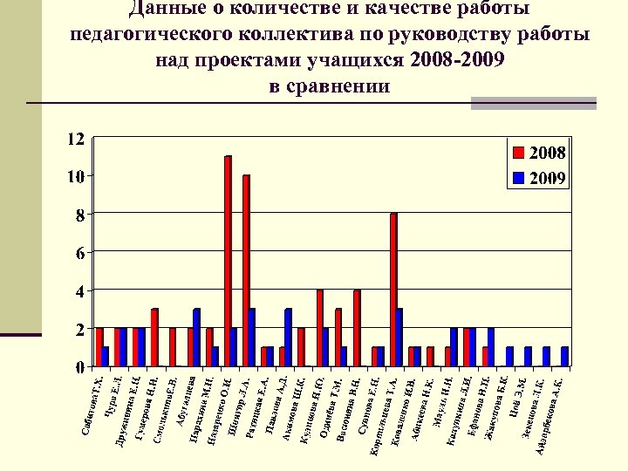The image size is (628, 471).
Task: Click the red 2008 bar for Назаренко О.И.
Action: tap(228, 261)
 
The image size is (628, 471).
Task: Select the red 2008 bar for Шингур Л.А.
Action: tap(246, 270)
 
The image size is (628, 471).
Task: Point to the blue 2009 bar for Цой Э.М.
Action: tap(529, 356)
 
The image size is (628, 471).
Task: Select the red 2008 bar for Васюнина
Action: tap(357, 327)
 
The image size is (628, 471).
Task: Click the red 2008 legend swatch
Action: tap(518, 154)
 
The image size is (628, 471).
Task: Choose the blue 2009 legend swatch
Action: tap(518, 180)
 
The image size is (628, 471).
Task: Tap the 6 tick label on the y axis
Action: tap(78, 253)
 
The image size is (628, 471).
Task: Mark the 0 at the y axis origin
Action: tap(78, 366)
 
